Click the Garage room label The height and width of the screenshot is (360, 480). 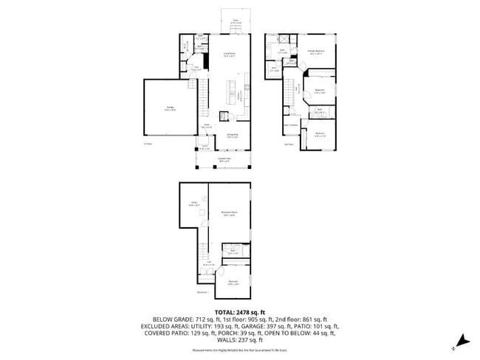coord(160,110)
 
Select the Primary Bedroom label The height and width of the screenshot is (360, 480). coord(318,52)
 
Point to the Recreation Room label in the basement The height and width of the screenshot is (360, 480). coord(229,215)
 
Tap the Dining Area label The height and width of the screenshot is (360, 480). coord(231,135)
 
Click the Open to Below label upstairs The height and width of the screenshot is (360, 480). coord(291,125)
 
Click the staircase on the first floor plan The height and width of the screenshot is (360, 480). coord(198,96)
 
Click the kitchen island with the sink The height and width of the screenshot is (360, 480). coord(232,94)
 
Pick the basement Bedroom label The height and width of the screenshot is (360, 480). coord(233,281)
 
